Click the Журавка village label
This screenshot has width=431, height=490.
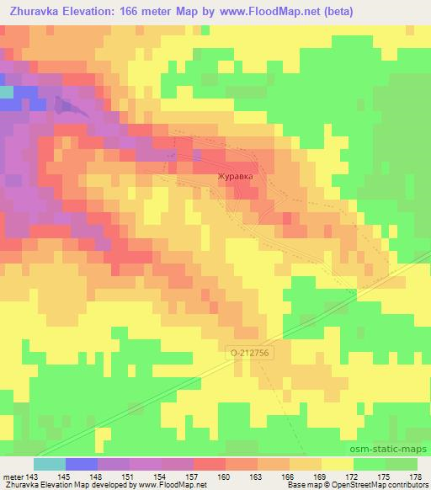[235, 177]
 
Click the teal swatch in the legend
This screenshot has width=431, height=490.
[49, 464]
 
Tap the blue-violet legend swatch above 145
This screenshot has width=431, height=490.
[81, 464]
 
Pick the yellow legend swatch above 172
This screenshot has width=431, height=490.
[337, 464]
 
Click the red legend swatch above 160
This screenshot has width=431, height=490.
[209, 464]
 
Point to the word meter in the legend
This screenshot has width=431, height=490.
[12, 476]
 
